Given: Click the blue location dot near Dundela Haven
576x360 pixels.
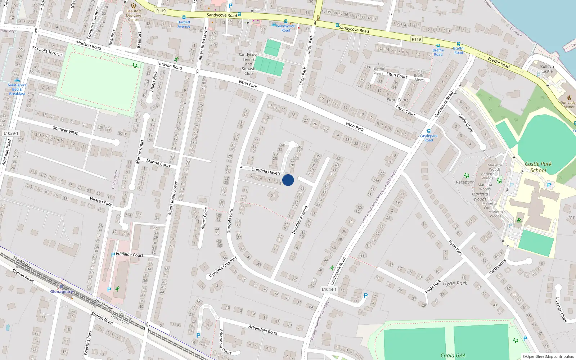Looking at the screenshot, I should click(x=288, y=180).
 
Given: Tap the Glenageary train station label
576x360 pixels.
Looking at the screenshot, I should click(x=61, y=292).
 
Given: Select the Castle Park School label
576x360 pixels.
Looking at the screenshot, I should click(x=538, y=167).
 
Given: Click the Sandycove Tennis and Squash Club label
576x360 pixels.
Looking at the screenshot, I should click(x=248, y=64).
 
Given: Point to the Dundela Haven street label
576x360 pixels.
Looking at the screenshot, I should click(x=266, y=171).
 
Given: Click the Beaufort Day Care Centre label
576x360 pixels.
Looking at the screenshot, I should click(x=134, y=15).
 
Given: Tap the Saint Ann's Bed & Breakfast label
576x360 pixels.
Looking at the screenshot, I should click(x=17, y=89).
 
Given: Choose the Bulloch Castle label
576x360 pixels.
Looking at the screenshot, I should click(x=547, y=69).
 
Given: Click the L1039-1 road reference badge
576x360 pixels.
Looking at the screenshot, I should click(x=11, y=133).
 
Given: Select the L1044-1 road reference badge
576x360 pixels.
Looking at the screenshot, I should click(x=329, y=289).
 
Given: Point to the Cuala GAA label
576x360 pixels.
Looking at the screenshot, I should click(x=453, y=356).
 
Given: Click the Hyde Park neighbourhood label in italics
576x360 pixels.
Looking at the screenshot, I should click(x=455, y=283).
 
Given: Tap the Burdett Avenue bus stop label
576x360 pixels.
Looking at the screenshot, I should click(x=184, y=24).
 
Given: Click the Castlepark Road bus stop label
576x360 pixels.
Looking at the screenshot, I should click(x=428, y=138).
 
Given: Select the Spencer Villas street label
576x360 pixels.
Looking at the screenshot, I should click(x=65, y=130).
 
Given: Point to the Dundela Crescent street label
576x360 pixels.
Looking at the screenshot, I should click(x=223, y=267).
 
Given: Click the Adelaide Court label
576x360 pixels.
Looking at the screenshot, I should click(x=130, y=255).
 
